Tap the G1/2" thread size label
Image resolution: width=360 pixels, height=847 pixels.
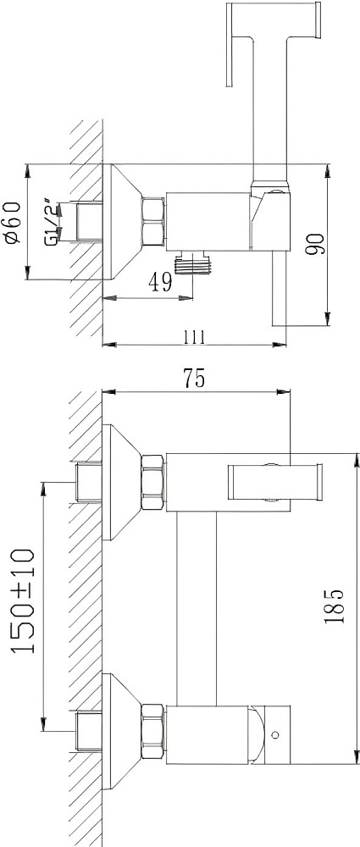tap(50, 222)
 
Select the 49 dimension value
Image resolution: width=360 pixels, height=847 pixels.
tap(161, 281)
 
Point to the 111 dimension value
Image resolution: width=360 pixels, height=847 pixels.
tap(194, 337)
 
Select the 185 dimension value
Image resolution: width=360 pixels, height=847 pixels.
tap(334, 606)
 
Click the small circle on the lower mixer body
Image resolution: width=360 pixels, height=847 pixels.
tap(277, 734)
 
